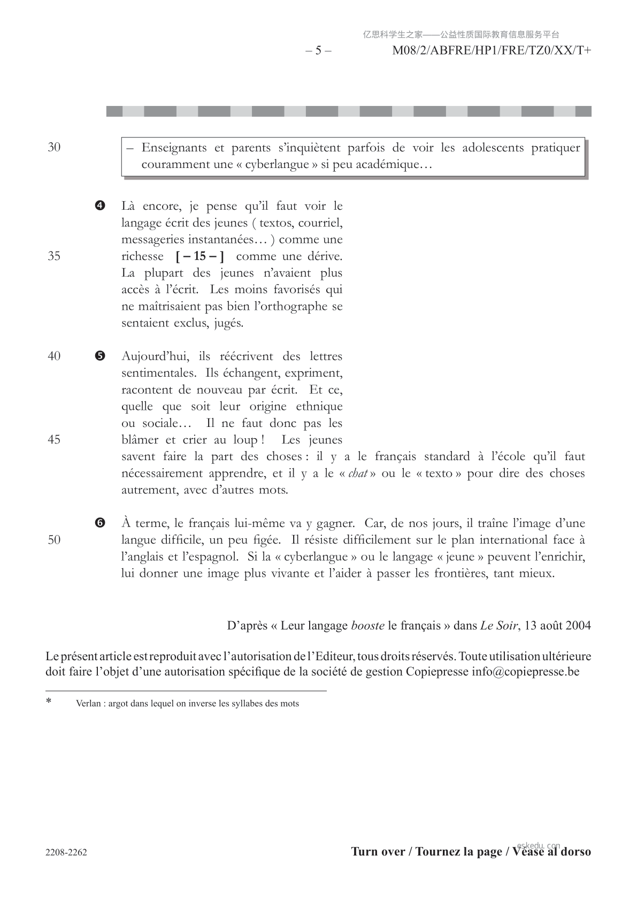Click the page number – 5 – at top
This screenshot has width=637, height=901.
pos(318,51)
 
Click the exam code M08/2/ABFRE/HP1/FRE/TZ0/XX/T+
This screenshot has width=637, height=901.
pos(492,51)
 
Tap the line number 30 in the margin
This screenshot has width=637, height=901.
pos(54,148)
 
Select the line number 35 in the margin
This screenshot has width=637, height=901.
pos(54,256)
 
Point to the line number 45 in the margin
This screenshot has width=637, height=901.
pos(54,440)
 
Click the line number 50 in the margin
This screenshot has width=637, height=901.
pos(54,540)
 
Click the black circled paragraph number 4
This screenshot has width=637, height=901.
pos(100,206)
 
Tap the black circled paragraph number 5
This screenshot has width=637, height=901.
pos(100,356)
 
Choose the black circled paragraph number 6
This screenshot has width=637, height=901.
pos(100,523)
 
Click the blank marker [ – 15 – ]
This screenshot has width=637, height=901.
pos(199,256)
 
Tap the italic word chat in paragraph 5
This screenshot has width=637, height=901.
pos(358,474)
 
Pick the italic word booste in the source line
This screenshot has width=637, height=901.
pos(367,625)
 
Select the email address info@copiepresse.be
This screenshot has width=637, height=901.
pos(525,671)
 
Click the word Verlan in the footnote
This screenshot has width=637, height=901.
pos(88,704)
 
